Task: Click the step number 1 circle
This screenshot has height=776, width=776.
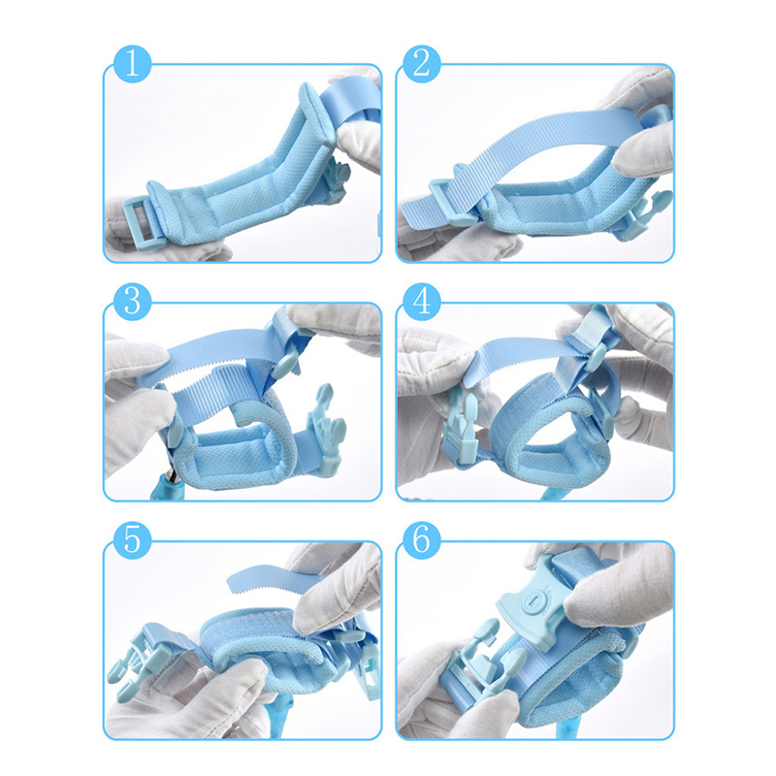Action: [132, 63]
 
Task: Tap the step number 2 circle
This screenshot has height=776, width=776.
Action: [422, 64]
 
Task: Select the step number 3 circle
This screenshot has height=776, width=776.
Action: [132, 302]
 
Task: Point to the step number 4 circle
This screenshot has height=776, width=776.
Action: [422, 302]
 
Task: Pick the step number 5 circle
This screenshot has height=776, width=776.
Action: [132, 540]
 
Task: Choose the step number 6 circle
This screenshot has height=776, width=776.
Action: [422, 540]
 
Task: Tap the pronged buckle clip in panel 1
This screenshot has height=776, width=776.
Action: [337, 179]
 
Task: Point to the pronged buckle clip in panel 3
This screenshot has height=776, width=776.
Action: [325, 431]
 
